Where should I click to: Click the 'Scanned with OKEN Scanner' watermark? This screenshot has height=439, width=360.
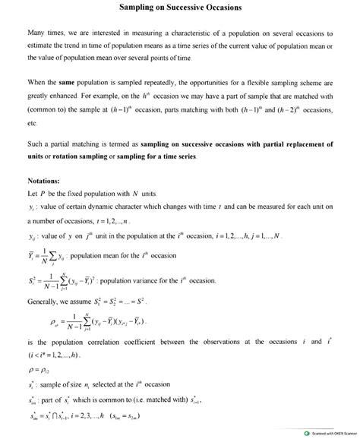328,434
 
